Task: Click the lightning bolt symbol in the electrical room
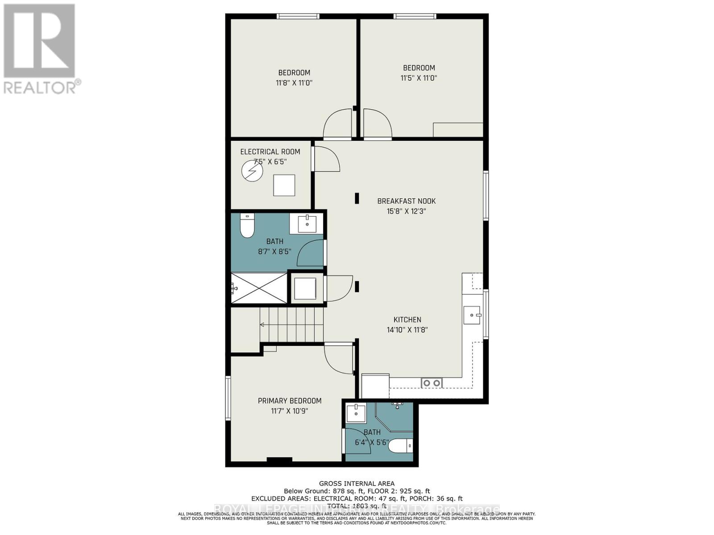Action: [252, 171]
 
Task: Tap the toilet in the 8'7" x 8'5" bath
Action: [247, 226]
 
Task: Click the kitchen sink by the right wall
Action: [472, 315]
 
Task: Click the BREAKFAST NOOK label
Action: [406, 201]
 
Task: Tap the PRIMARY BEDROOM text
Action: [290, 401]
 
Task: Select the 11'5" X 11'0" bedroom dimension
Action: [419, 78]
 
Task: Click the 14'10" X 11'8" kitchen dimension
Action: [407, 330]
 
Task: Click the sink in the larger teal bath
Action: [307, 224]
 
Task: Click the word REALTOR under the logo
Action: [40, 87]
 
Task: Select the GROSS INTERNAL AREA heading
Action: [357, 483]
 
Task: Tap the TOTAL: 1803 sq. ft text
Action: [357, 506]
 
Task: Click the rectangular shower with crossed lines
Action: [259, 288]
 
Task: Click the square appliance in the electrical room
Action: [284, 185]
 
